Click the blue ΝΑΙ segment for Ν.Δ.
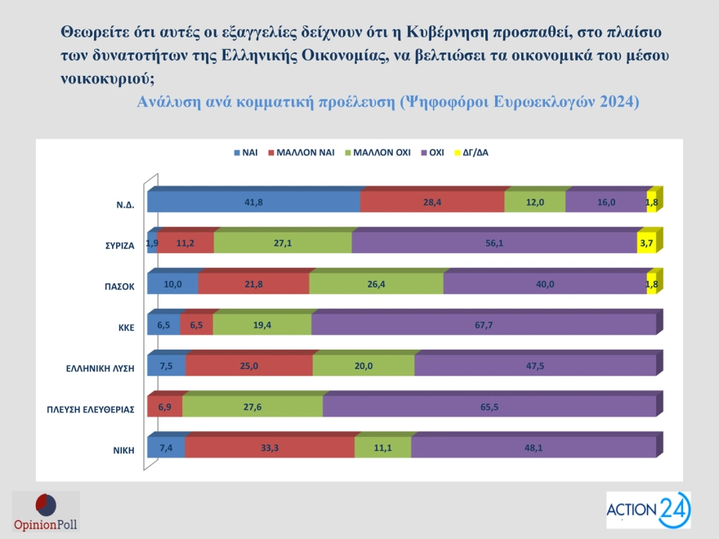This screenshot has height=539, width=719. [x=253, y=202]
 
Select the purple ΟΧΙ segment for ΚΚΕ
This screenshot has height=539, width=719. [x=484, y=324]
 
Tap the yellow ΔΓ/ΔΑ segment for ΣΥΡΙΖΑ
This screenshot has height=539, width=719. [x=646, y=243]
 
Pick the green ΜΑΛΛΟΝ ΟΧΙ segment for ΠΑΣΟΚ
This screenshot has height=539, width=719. [x=376, y=283]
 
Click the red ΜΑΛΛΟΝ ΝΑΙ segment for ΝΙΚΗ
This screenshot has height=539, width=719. [x=270, y=448]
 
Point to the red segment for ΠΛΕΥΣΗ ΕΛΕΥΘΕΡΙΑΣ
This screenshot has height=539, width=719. [x=164, y=407]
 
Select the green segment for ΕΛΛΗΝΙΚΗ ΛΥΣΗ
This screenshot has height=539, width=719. [x=364, y=366]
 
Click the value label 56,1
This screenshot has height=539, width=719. [x=494, y=243]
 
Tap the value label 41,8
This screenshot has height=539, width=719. [x=253, y=202]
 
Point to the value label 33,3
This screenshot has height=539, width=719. [x=270, y=448]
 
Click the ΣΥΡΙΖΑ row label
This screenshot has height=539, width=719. [x=117, y=243]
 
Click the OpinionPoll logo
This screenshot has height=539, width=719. [x=46, y=513]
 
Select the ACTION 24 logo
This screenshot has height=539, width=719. [x=648, y=510]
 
